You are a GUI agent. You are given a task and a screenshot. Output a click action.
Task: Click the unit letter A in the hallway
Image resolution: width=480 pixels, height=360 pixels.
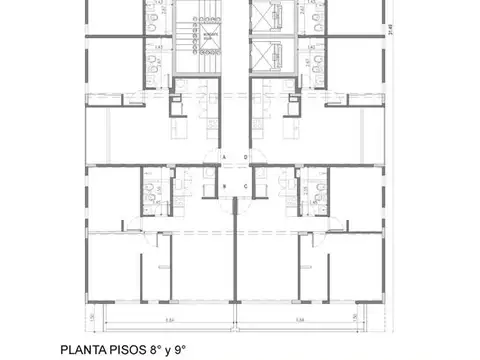226,158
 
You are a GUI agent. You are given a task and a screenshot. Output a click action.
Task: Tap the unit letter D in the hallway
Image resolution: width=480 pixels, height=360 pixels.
245,158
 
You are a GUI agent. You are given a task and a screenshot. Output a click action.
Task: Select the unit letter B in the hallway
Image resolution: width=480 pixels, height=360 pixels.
226,186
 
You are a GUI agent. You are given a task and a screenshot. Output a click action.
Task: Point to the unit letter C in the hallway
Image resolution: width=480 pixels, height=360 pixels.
245,186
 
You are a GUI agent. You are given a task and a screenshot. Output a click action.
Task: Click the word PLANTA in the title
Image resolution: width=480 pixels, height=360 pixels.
109,350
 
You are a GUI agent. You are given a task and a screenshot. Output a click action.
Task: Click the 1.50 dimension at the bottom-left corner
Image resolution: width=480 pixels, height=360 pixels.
91,317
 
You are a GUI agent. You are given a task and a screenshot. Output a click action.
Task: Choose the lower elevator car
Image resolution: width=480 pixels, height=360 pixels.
265,52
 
